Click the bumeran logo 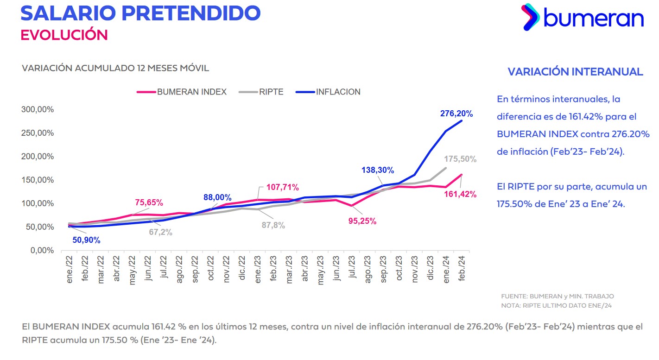tap(582, 18)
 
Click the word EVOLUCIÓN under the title tap(64, 35)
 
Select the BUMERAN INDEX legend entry tap(182, 92)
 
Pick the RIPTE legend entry tap(261, 92)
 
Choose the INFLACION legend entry tap(328, 92)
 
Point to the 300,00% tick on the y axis tap(38, 110)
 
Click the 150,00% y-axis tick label tap(38, 180)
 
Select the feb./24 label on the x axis tap(462, 268)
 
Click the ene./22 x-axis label tap(70, 268)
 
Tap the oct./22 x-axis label tap(211, 268)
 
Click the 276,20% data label tap(456, 114)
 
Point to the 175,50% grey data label tap(460, 159)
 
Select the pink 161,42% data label tap(460, 194)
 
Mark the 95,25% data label tap(362, 221)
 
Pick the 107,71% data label tap(283, 188)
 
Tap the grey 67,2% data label tap(160, 232)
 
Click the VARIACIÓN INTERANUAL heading tap(575, 72)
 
